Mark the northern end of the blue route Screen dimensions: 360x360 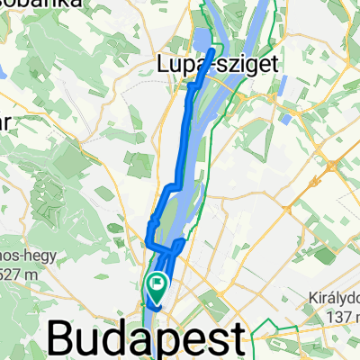click(212, 52)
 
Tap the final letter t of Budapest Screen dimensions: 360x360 click(236, 340)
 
